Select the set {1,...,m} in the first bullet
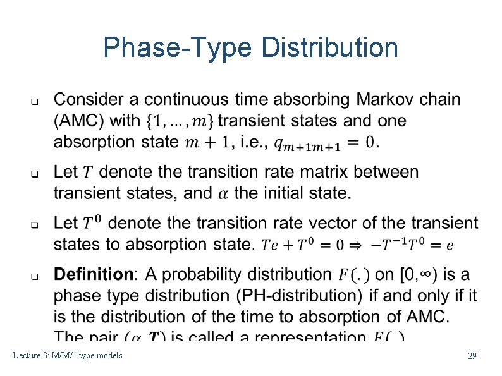click(x=188, y=120)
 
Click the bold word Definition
click(x=94, y=274)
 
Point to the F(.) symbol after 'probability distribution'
click(x=352, y=275)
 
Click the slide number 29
click(x=472, y=356)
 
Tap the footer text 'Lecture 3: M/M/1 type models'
click(x=68, y=356)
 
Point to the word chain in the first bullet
click(x=441, y=100)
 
